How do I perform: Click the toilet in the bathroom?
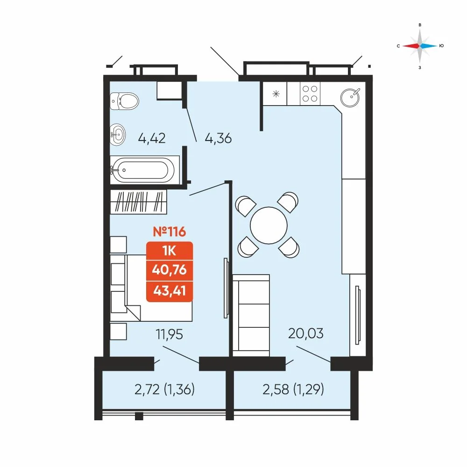pyautogui.click(x=124, y=101)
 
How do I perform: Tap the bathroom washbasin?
pyautogui.click(x=118, y=134)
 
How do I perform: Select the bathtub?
pyautogui.click(x=145, y=170)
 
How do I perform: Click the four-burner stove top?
pyautogui.click(x=310, y=93)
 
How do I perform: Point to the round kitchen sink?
pyautogui.click(x=350, y=98)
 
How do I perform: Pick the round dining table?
pyautogui.click(x=269, y=226)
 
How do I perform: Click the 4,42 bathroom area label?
pyautogui.click(x=152, y=139)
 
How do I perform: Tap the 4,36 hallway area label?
pyautogui.click(x=218, y=139)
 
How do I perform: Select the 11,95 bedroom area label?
pyautogui.click(x=169, y=334)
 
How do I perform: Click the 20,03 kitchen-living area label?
pyautogui.click(x=306, y=333)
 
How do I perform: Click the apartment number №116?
pyautogui.click(x=170, y=232)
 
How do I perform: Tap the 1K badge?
pyautogui.click(x=170, y=251)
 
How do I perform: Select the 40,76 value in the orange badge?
pyautogui.click(x=170, y=270)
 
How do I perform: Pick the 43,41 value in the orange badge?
pyautogui.click(x=170, y=290)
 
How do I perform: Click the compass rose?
pyautogui.click(x=420, y=46)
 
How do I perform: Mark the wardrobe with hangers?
pyautogui.click(x=139, y=201)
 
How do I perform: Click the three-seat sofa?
pyautogui.click(x=251, y=315)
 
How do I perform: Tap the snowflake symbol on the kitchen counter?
pyautogui.click(x=276, y=94)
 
